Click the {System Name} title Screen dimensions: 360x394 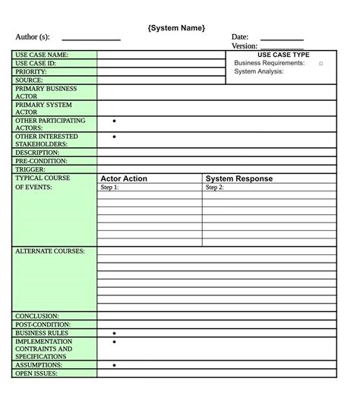[176, 28]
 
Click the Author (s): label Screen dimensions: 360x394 [33, 37]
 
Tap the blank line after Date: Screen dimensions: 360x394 [282, 37]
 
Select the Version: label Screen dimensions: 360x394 [245, 46]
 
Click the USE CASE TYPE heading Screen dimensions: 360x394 [283, 55]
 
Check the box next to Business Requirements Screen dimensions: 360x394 [321, 64]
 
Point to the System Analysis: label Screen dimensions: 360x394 [259, 71]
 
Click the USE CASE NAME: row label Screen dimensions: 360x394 [42, 55]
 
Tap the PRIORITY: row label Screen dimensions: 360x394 [31, 71]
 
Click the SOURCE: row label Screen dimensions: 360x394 [29, 80]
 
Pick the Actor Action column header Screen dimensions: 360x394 [124, 179]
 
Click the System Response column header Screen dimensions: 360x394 [239, 179]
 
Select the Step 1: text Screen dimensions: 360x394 [110, 188]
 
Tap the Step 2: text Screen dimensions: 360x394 [215, 188]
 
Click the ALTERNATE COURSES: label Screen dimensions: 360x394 [50, 251]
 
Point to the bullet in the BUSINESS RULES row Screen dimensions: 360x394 [114, 333]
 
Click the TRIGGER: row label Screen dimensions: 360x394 [31, 169]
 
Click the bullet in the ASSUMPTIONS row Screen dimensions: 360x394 [114, 365]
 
